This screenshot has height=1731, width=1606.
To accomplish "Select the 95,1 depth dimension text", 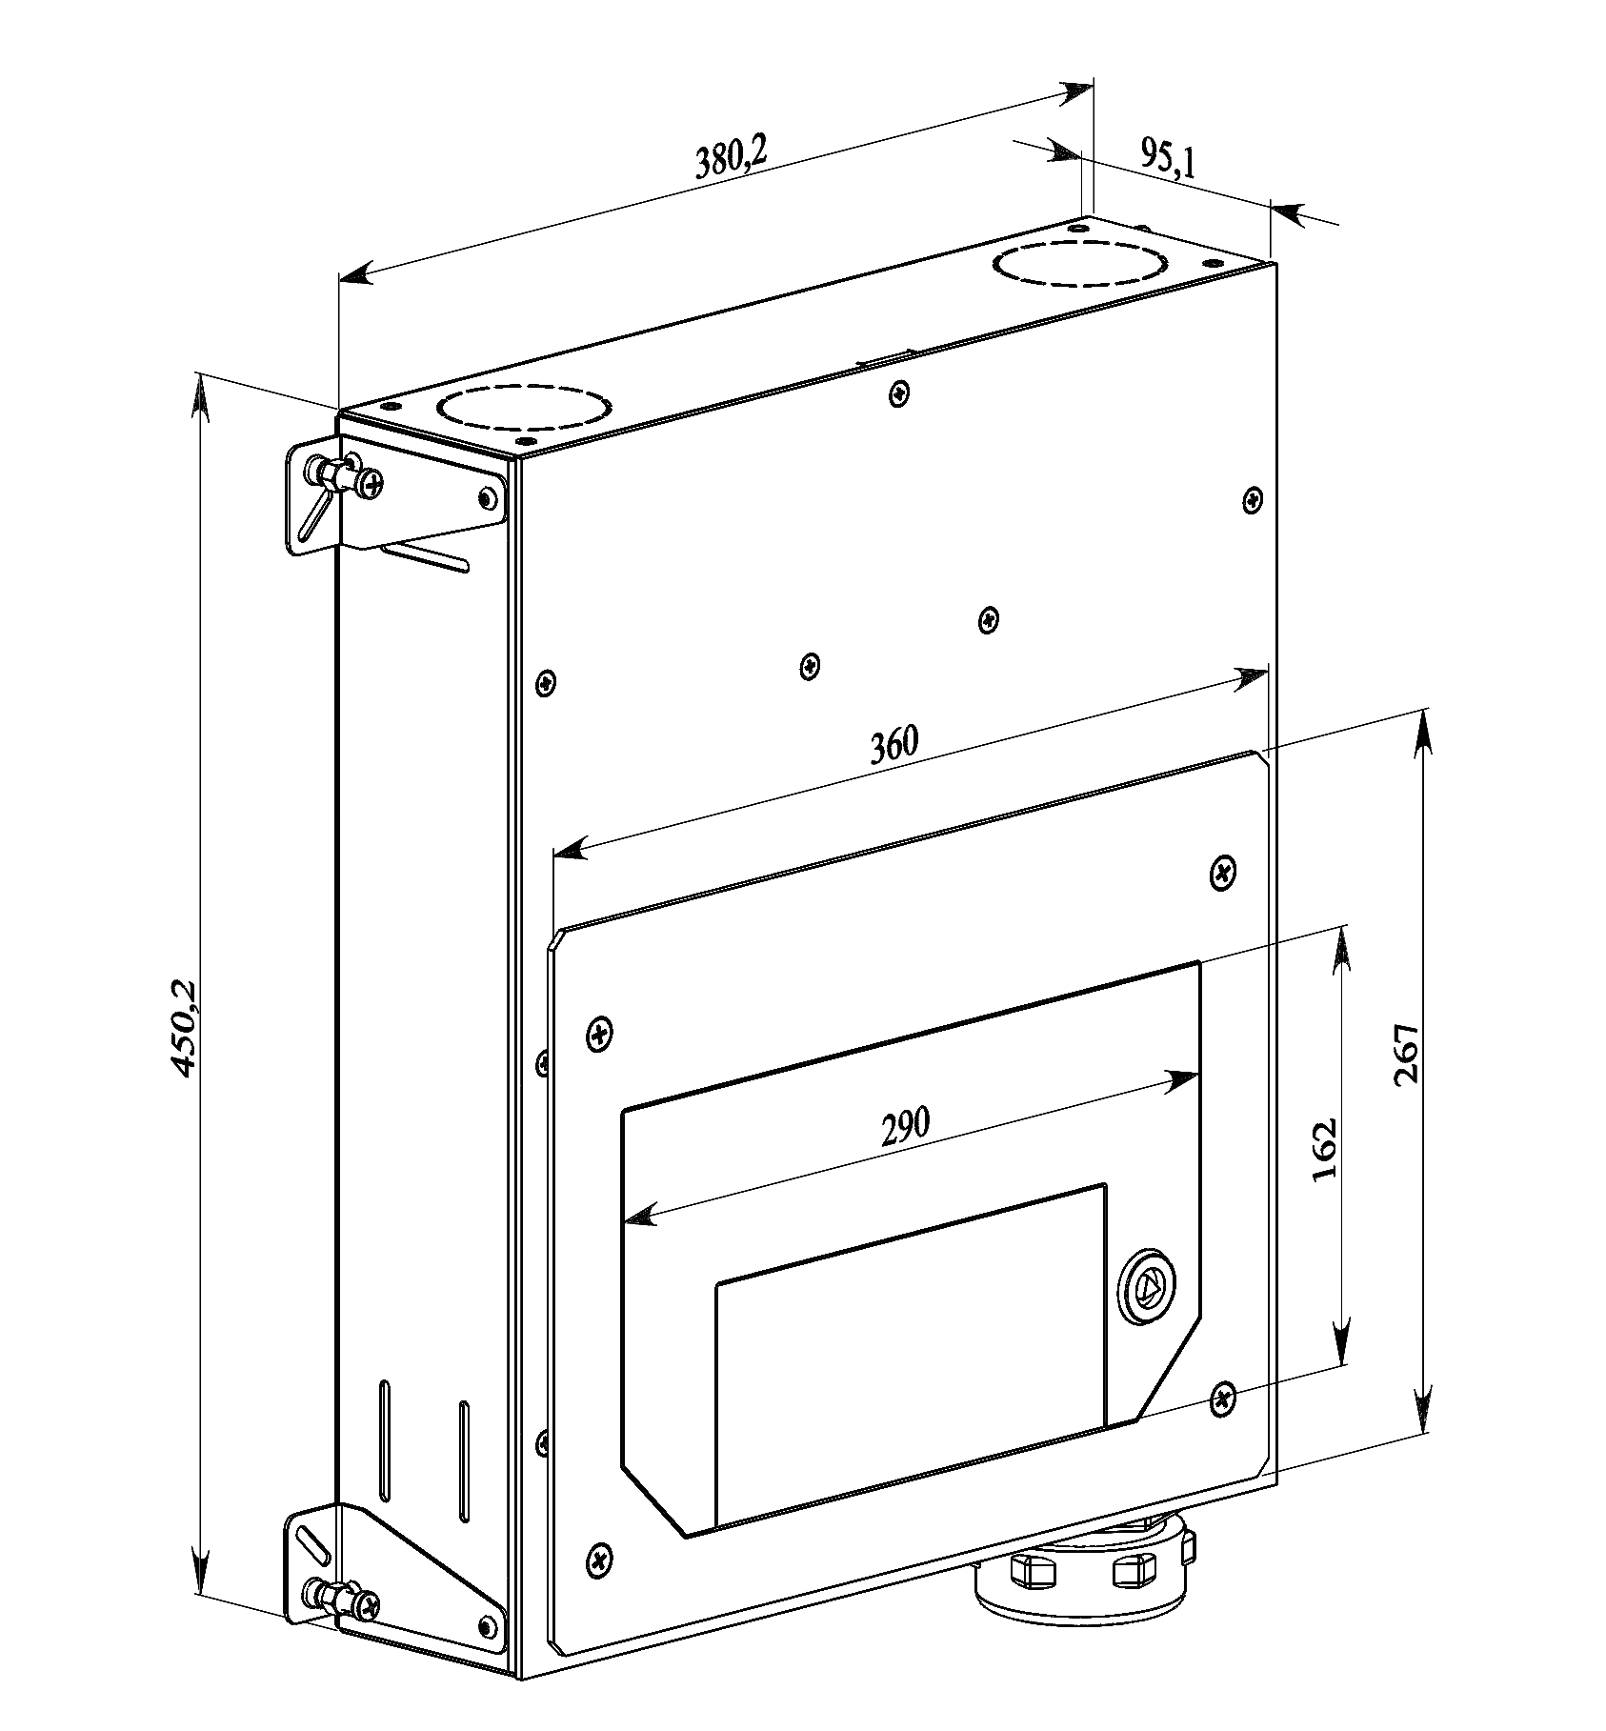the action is tap(1167, 159).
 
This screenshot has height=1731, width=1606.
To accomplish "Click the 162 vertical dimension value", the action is tap(1325, 1149).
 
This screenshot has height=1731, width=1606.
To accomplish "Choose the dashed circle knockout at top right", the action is tap(1080, 263).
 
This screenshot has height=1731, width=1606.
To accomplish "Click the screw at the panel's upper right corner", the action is tap(1224, 872).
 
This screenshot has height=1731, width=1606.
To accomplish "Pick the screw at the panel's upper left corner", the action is tap(599, 1033).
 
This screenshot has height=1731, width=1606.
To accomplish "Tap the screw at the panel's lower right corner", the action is tap(1223, 1399).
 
